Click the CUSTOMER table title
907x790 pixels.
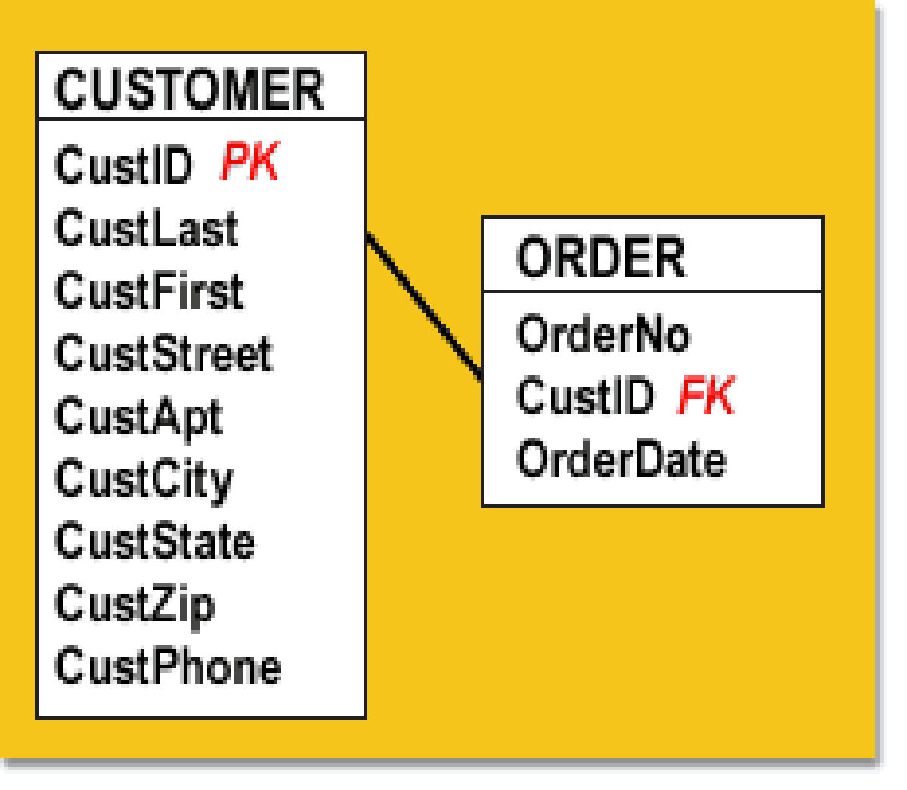click(x=190, y=88)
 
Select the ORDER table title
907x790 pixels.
click(x=601, y=256)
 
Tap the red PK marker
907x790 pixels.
click(x=250, y=160)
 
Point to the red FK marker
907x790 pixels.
click(x=707, y=394)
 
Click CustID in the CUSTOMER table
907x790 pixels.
click(x=124, y=164)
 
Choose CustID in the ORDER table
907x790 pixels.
click(x=585, y=395)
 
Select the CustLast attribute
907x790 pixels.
click(x=147, y=228)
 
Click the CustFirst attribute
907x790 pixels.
click(x=150, y=290)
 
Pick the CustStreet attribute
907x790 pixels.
click(x=163, y=353)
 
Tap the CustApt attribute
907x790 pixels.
click(x=139, y=419)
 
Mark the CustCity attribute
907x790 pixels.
click(x=144, y=482)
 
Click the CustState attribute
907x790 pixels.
click(x=155, y=541)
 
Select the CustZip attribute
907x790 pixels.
click(x=135, y=607)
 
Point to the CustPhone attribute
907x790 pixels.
click(x=168, y=666)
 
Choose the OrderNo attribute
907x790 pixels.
click(x=603, y=333)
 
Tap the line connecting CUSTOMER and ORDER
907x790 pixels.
click(x=424, y=306)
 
